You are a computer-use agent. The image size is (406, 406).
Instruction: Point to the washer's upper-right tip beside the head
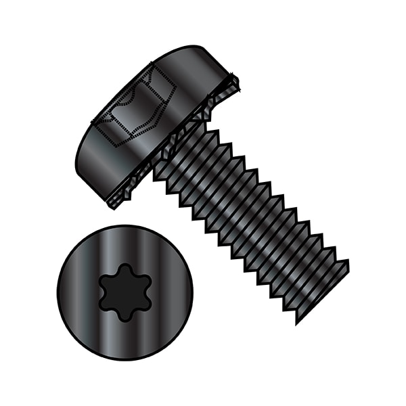[238, 83]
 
